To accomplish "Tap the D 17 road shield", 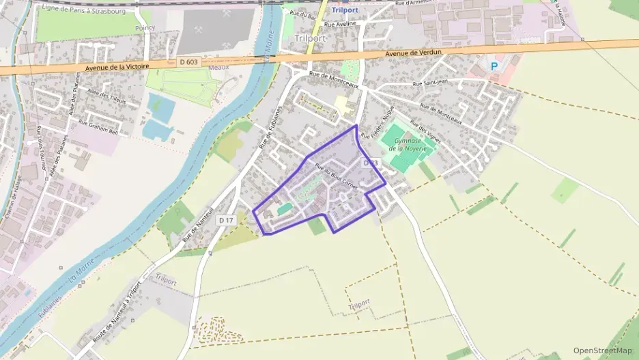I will (x=227, y=220).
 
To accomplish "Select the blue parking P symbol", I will (x=494, y=67).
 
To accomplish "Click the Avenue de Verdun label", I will (x=414, y=53).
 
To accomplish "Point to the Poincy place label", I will (x=145, y=28).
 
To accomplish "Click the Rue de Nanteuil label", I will (x=199, y=223).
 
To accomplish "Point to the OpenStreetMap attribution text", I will (x=603, y=350).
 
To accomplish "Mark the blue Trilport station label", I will (x=345, y=10).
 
